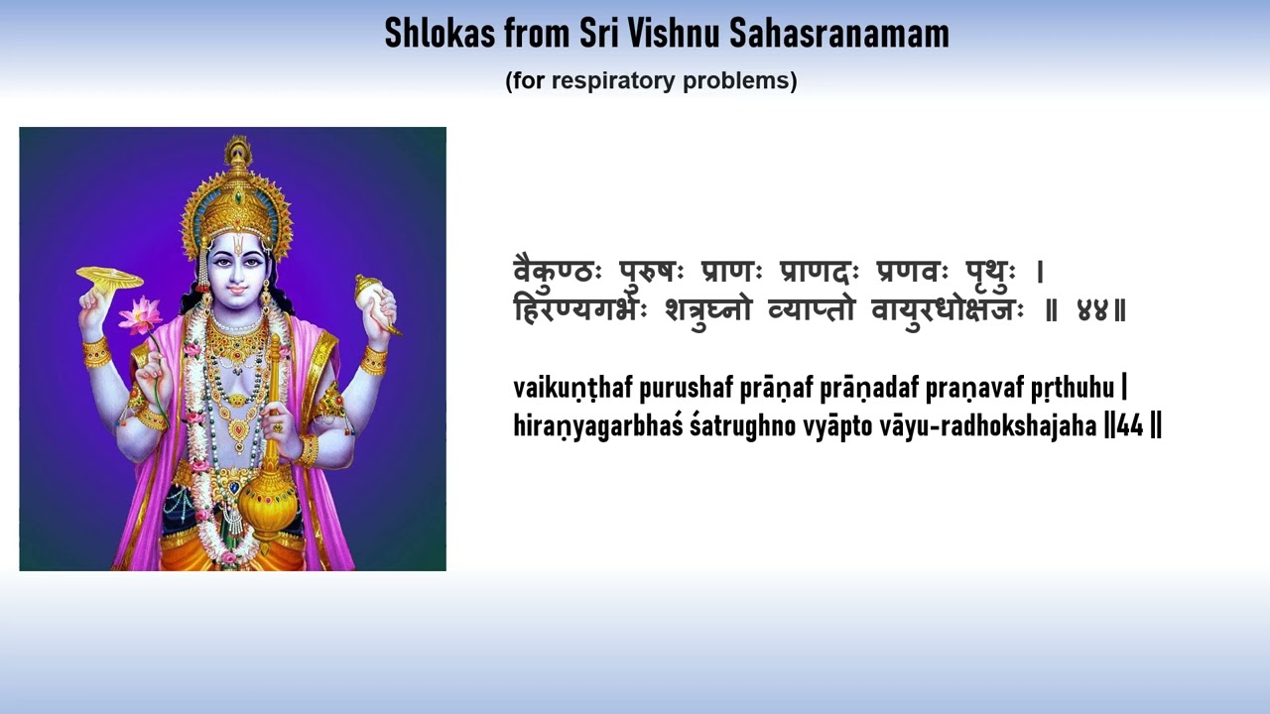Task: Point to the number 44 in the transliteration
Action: coord(1130,426)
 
